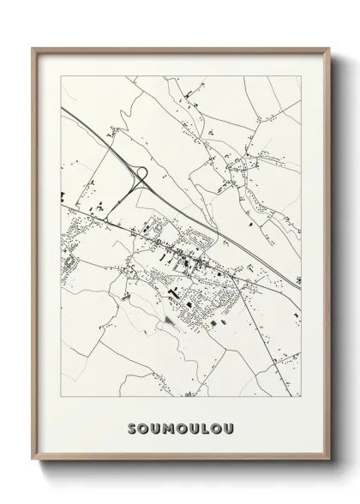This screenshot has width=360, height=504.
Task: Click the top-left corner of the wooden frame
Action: point(33,47)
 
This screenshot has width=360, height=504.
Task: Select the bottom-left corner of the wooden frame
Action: point(33,474)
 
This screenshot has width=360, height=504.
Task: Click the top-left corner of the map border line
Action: point(62,76)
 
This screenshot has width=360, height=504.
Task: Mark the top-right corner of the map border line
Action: point(300,76)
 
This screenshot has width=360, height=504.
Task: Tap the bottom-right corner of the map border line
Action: point(300,397)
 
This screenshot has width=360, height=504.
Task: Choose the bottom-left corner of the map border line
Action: point(62,397)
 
